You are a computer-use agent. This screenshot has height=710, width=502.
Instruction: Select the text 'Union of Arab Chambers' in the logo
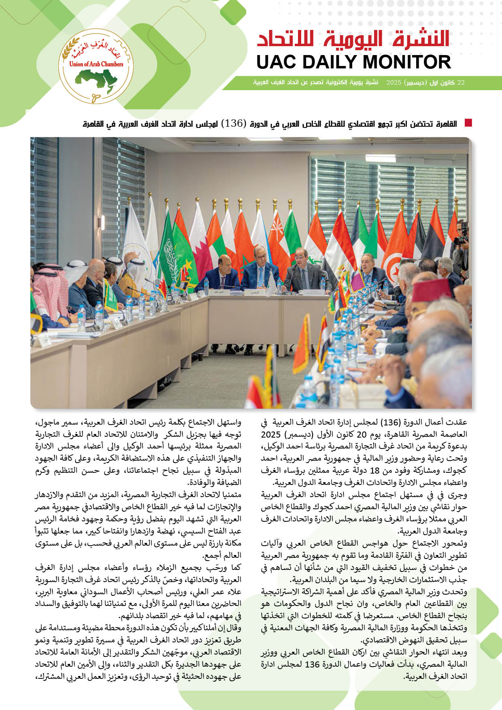(96, 64)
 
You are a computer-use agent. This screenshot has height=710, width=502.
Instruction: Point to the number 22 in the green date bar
(461, 83)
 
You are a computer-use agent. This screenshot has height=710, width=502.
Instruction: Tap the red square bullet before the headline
(468, 123)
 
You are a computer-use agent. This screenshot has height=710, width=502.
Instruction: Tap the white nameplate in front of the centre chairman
(254, 291)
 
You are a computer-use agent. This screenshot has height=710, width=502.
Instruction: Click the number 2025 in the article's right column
(271, 435)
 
